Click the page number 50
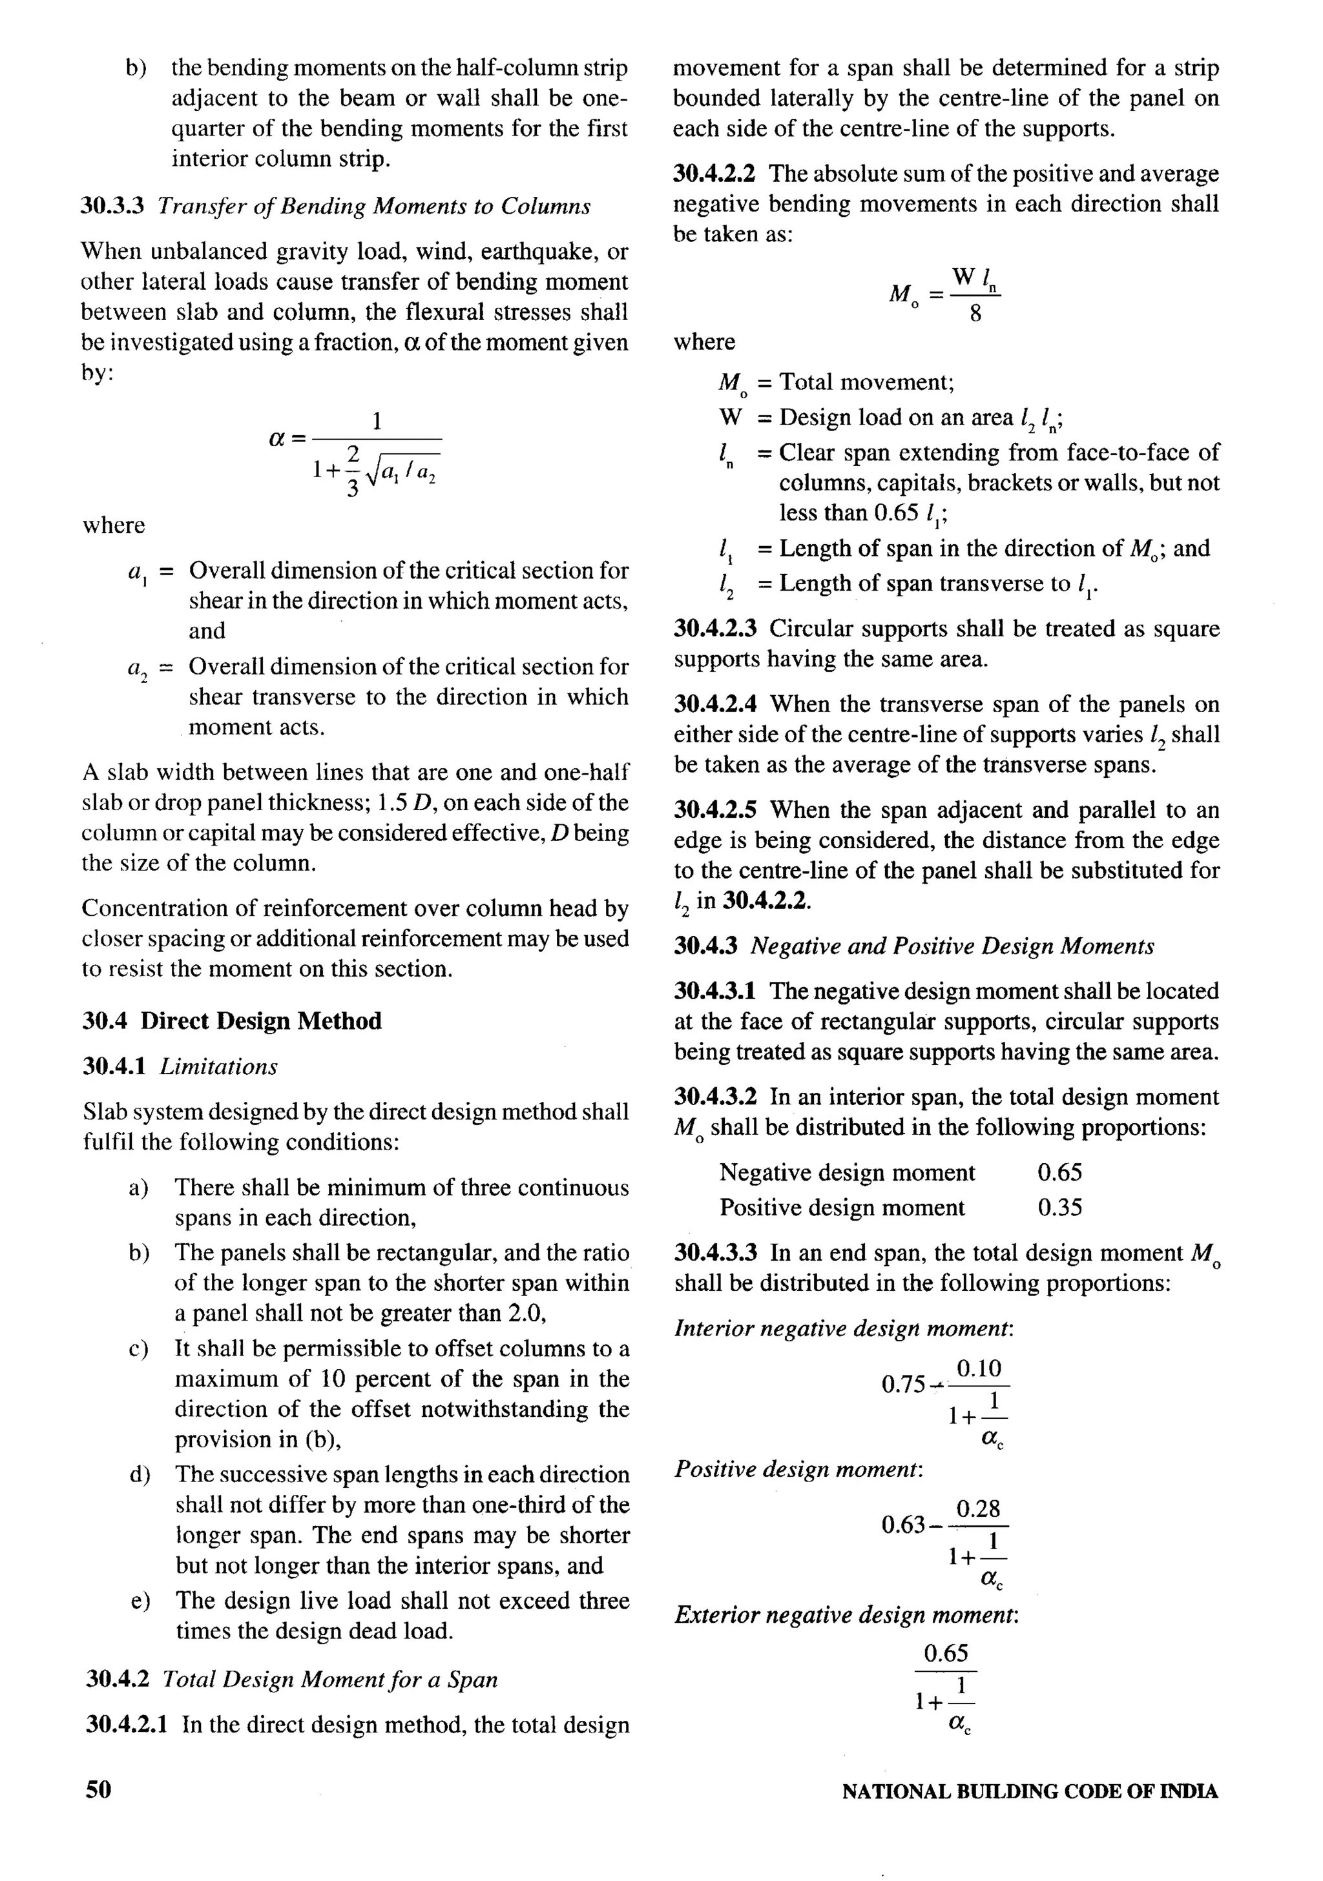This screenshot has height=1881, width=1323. click(x=98, y=1789)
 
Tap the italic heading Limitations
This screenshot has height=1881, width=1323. click(x=218, y=1066)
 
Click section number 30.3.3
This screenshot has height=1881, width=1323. click(x=112, y=206)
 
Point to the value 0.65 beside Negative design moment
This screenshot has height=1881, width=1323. click(x=1059, y=1172)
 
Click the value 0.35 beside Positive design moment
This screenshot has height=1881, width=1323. click(x=1059, y=1208)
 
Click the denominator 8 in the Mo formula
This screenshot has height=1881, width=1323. click(x=975, y=314)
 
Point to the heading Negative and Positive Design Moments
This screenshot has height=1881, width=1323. click(x=952, y=946)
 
